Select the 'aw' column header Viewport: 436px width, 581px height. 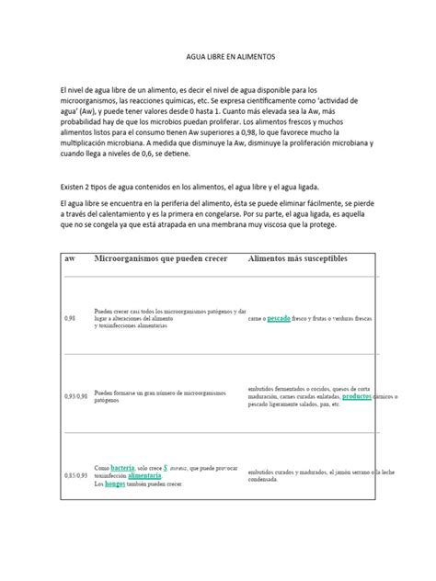tap(70, 260)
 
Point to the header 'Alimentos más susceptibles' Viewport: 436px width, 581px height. tap(298, 260)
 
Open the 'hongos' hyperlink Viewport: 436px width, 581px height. tap(114, 484)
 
